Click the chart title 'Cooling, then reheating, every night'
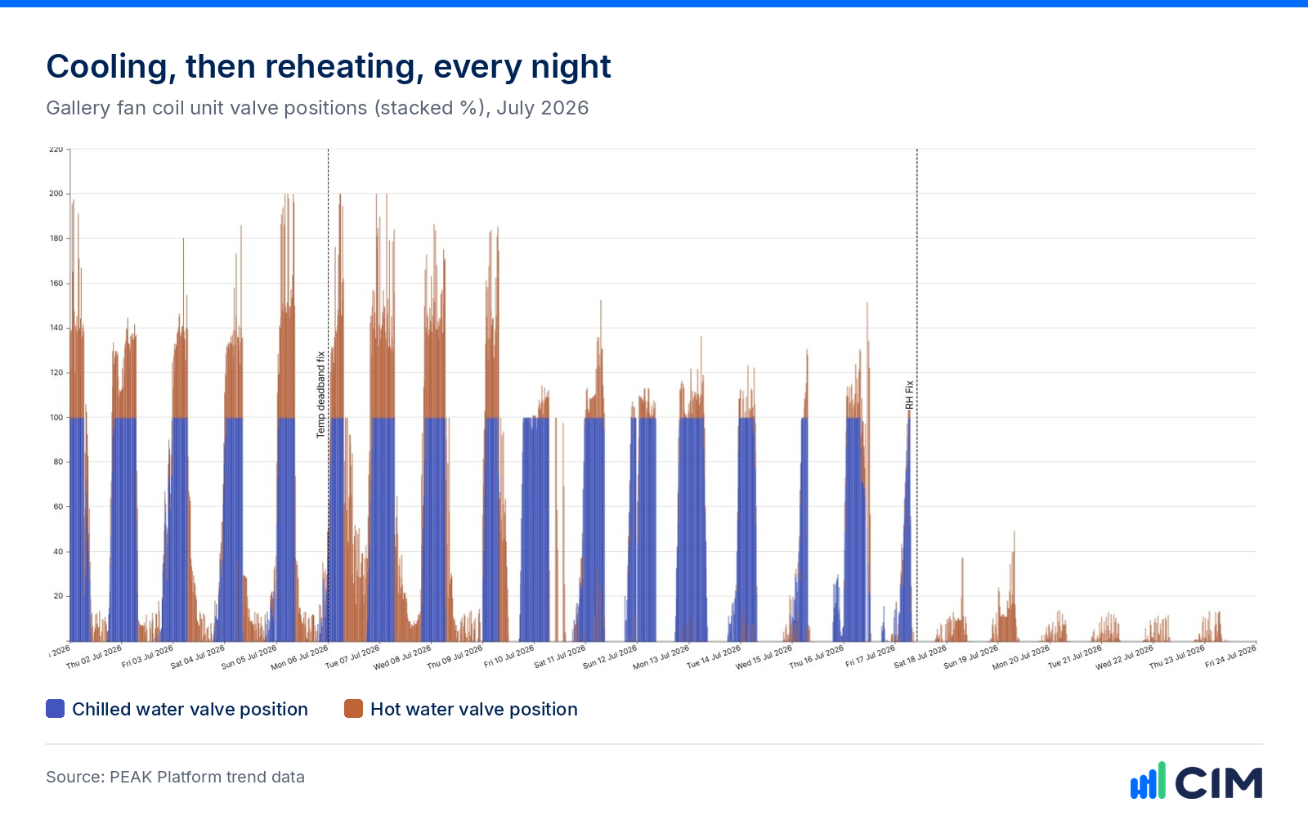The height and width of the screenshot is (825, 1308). pyautogui.click(x=328, y=67)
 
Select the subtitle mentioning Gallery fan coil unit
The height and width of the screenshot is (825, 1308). pyautogui.click(x=317, y=108)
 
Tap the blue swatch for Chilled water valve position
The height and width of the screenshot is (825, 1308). pyautogui.click(x=55, y=709)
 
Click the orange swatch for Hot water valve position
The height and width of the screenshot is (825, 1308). pyautogui.click(x=353, y=709)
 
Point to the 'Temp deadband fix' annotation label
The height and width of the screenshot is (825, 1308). pyautogui.click(x=320, y=395)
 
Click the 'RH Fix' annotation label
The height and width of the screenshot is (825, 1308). pyautogui.click(x=909, y=395)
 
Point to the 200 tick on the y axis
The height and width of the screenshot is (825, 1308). pyautogui.click(x=56, y=193)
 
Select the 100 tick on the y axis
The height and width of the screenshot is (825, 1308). pyautogui.click(x=56, y=418)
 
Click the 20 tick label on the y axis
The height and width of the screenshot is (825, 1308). pyautogui.click(x=58, y=596)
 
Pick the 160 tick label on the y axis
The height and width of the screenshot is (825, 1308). pyautogui.click(x=56, y=283)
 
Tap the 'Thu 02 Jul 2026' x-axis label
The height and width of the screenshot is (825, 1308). pyautogui.click(x=94, y=657)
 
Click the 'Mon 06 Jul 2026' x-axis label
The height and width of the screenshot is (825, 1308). pyautogui.click(x=299, y=657)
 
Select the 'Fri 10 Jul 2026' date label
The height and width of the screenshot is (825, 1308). pyautogui.click(x=509, y=657)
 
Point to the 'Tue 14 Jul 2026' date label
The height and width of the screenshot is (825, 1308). pyautogui.click(x=714, y=657)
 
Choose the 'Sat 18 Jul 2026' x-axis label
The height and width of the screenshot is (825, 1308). pyautogui.click(x=921, y=657)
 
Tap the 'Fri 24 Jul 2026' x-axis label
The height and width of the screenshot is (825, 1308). pyautogui.click(x=1230, y=657)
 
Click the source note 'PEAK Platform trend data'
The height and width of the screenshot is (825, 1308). pyautogui.click(x=208, y=777)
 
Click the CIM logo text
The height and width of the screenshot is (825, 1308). pyautogui.click(x=1219, y=783)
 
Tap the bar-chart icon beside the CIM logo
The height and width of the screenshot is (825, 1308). pyautogui.click(x=1148, y=781)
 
